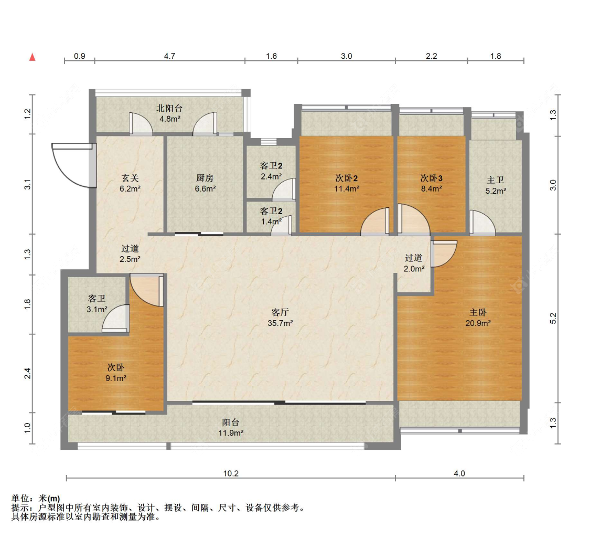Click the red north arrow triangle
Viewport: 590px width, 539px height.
(x=33, y=57)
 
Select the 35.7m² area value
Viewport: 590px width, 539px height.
(x=280, y=323)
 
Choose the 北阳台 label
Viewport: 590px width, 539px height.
(x=169, y=109)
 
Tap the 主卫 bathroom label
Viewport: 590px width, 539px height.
(x=495, y=181)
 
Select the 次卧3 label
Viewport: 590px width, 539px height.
(x=431, y=178)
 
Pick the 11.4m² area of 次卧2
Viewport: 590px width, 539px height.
(x=347, y=188)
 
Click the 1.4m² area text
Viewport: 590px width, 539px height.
(x=271, y=221)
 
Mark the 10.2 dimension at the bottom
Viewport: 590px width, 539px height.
(x=231, y=473)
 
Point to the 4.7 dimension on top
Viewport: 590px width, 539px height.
(x=169, y=56)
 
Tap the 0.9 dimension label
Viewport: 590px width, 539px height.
(x=79, y=56)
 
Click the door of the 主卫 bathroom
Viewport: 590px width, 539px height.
(x=481, y=223)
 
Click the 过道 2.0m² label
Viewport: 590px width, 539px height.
(x=413, y=269)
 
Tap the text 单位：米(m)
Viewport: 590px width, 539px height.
(x=36, y=498)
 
